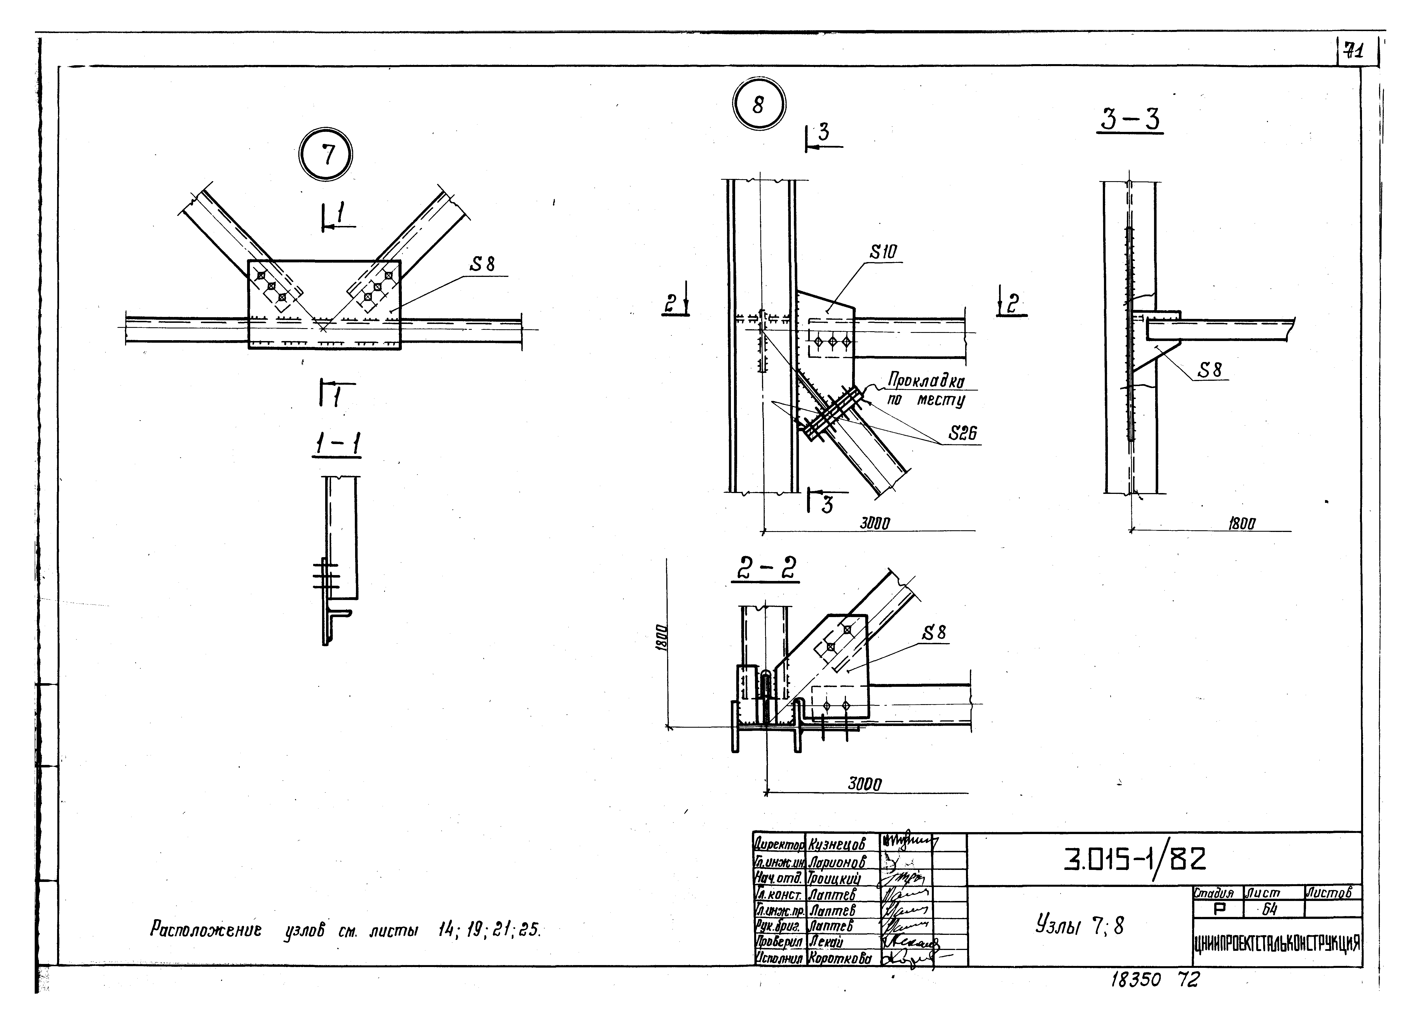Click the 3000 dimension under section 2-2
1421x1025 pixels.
865,784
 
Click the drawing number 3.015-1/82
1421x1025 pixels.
1134,860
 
